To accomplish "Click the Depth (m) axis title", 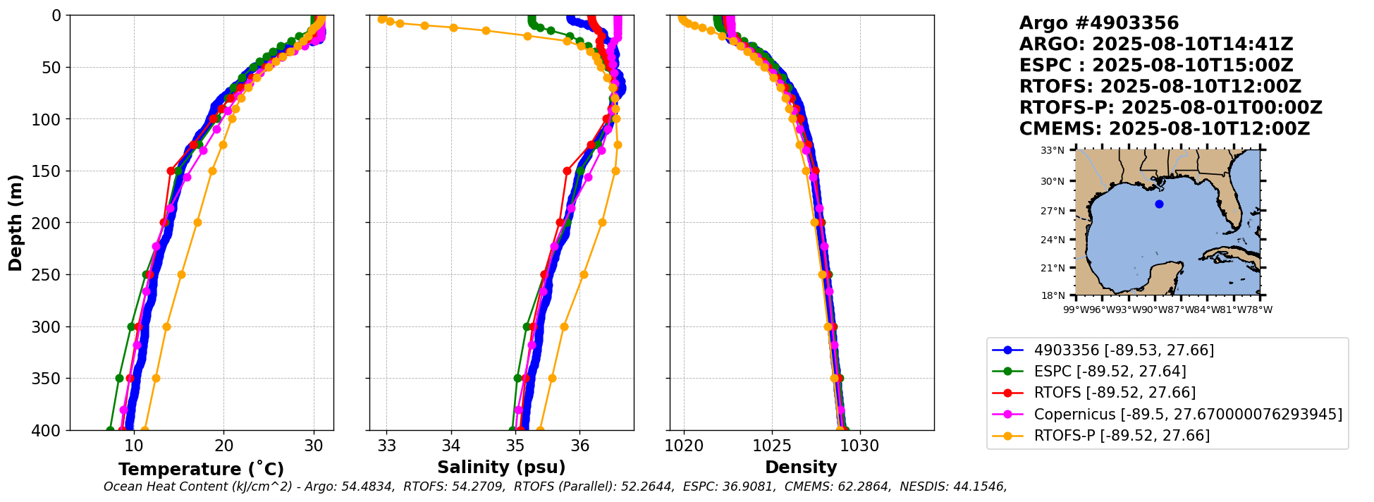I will (16, 223).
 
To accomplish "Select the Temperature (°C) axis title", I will (201, 470).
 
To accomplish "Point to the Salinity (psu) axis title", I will (501, 467).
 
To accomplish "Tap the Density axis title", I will (801, 467).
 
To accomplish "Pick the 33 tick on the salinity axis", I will (387, 446).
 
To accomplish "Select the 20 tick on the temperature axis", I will (224, 446).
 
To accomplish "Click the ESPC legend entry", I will (1110, 372).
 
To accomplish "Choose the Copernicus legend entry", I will (1187, 415).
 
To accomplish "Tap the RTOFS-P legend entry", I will (1121, 436).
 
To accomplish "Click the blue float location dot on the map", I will (1159, 204).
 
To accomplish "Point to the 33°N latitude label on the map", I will (1053, 151).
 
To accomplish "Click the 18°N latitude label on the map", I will (1053, 295).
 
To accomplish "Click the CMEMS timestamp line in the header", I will (1164, 129).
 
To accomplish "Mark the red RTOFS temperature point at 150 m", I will (171, 171).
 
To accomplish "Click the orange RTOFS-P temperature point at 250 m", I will (181, 274).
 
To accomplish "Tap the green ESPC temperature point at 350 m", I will (119, 378).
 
